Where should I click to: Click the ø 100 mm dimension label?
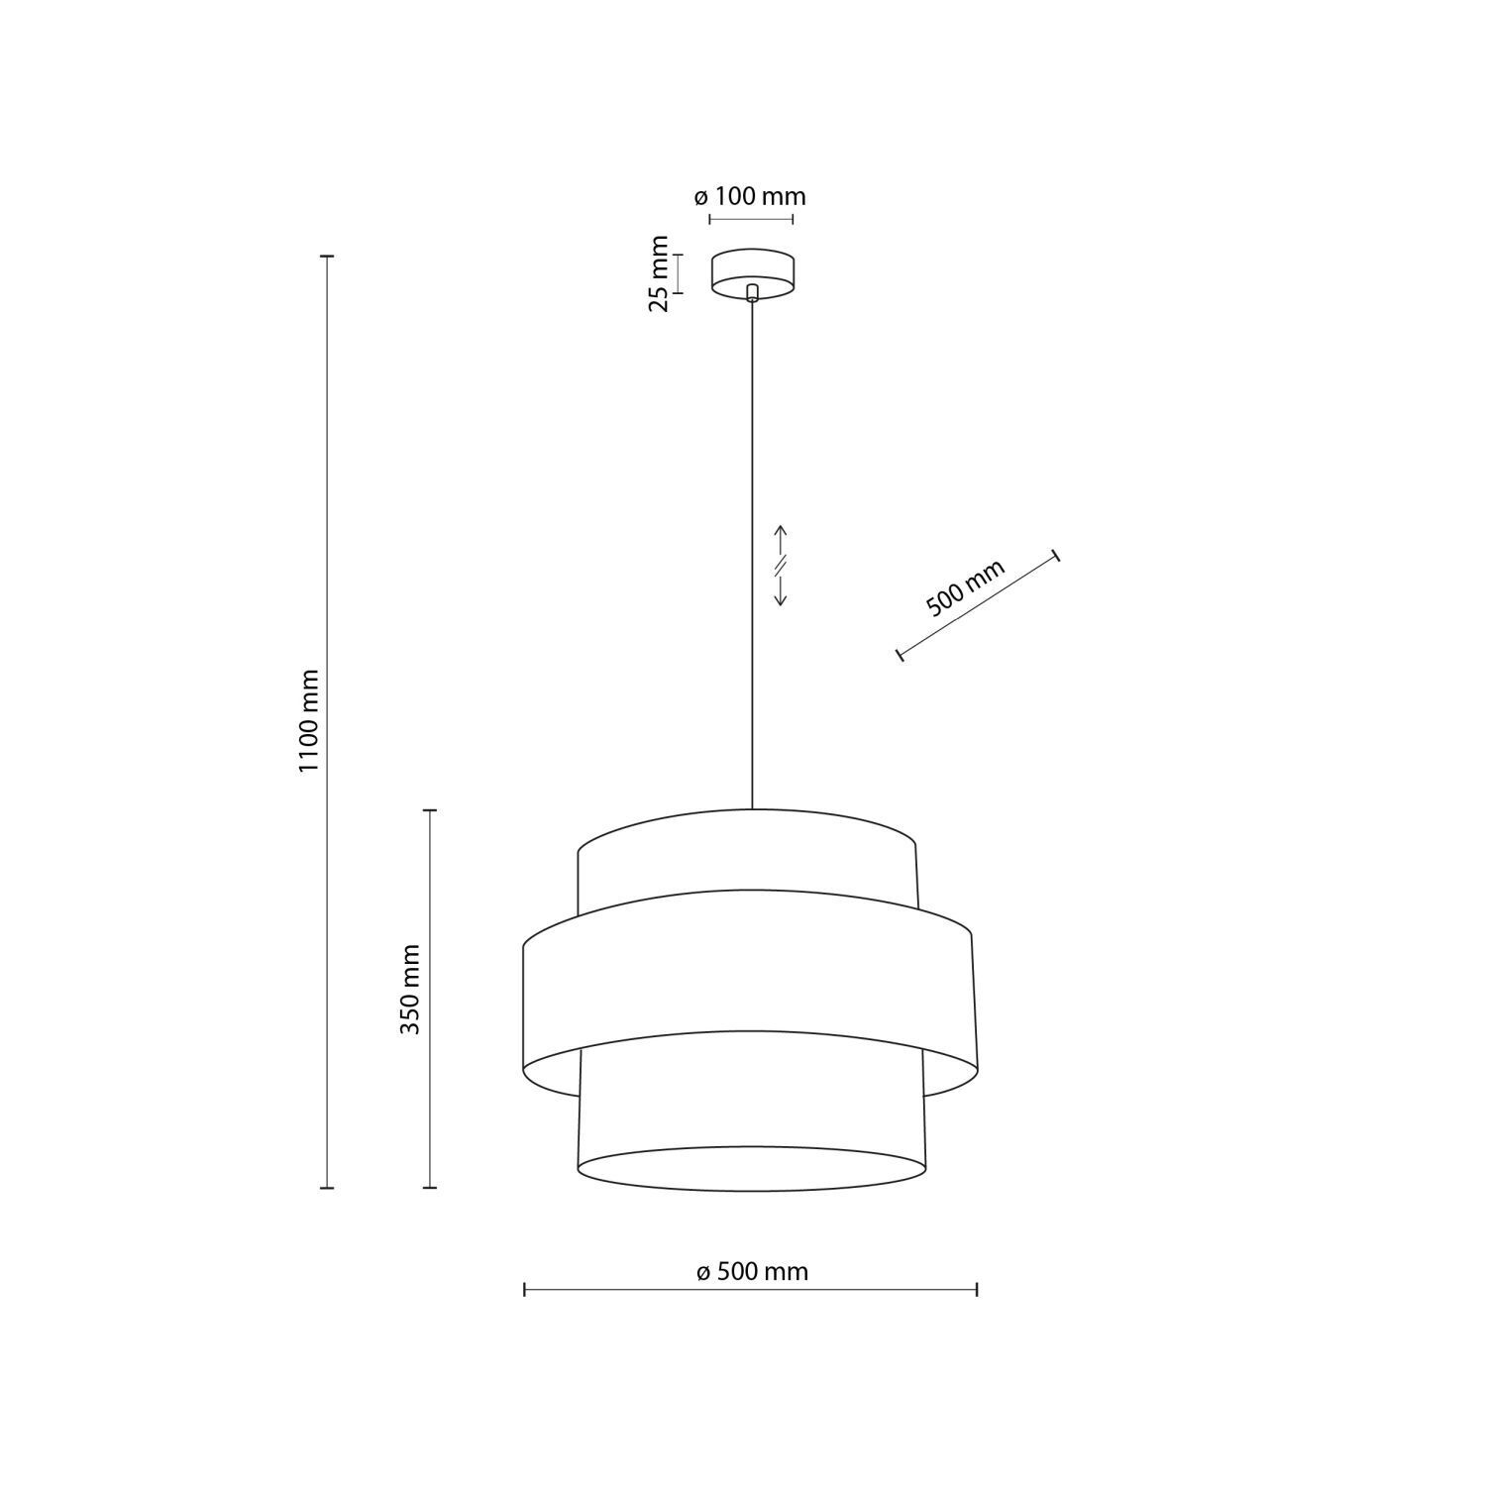(x=750, y=196)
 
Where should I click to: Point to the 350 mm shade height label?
(x=409, y=990)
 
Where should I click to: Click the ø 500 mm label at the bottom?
(x=752, y=1271)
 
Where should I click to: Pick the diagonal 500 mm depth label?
(x=965, y=588)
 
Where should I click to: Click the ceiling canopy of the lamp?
(x=752, y=269)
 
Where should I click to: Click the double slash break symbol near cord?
(x=780, y=566)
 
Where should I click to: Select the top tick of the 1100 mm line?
(x=327, y=257)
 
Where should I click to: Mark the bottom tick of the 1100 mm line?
(x=327, y=1187)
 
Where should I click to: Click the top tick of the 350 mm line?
(x=430, y=810)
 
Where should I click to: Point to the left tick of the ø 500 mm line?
(x=524, y=1289)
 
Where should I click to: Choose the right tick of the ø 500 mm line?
(x=978, y=1289)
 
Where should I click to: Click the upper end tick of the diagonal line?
(x=1056, y=556)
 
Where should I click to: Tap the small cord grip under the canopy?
(x=752, y=291)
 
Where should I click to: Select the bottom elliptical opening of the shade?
(x=752, y=1169)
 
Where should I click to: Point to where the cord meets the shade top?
(x=752, y=809)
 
